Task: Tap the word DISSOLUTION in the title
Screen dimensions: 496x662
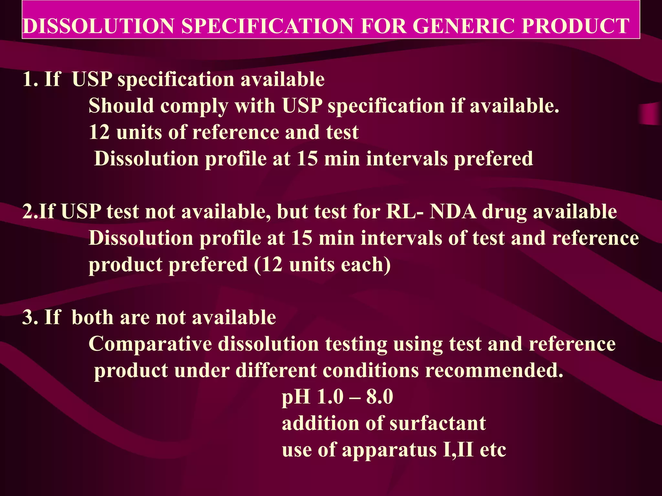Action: [99, 26]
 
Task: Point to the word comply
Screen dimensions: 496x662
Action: [194, 107]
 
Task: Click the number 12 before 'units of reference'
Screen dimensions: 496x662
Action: [99, 132]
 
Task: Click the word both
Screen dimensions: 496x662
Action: [92, 317]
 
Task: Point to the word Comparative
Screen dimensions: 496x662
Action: [150, 344]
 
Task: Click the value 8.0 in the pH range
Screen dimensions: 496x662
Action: [379, 397]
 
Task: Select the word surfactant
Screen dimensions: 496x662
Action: [438, 423]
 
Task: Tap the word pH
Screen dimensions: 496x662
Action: [296, 397]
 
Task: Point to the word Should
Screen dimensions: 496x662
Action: [121, 106]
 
